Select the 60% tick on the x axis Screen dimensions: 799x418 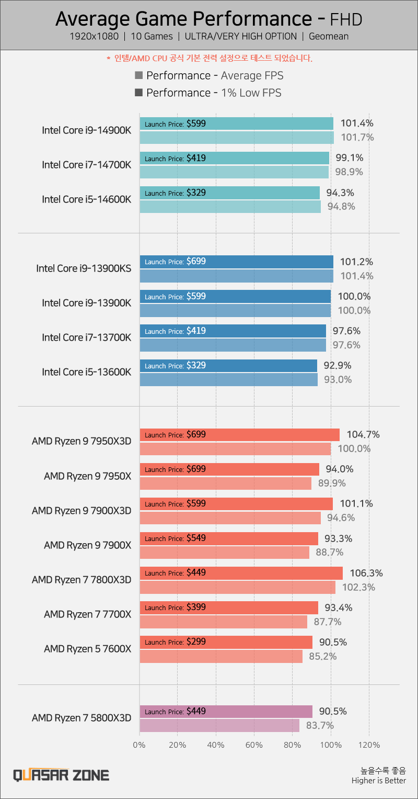coord(254,745)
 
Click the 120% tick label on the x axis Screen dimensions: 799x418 coord(369,745)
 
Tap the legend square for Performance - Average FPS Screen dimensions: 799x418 coord(139,76)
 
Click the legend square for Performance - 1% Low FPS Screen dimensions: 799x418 coord(139,93)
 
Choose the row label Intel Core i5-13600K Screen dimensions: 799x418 coord(87,372)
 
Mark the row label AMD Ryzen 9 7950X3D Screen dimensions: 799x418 coord(82,441)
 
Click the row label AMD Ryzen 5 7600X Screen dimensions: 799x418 coord(88,648)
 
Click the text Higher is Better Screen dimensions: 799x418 coord(378,781)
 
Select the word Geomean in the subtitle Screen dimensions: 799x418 coord(329,37)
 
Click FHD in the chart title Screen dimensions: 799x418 coord(346,20)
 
